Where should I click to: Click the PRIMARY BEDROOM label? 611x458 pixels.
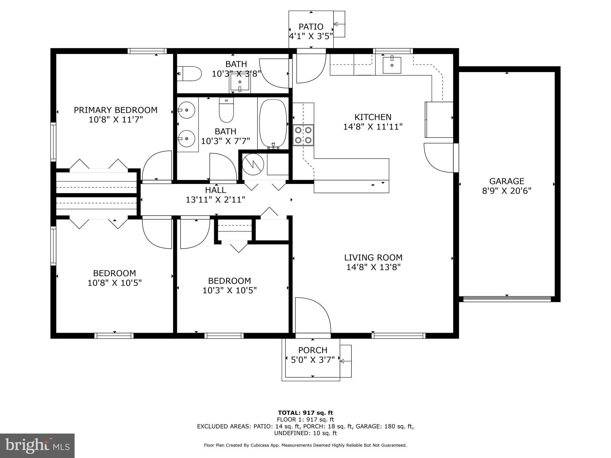[x=115, y=110]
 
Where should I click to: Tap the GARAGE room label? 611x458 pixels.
[x=507, y=181]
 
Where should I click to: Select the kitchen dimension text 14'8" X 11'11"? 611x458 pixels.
[x=373, y=127]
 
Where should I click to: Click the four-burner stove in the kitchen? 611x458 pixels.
[x=303, y=135]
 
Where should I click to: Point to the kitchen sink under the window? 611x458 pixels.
[x=392, y=65]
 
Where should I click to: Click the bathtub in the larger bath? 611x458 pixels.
[x=273, y=124]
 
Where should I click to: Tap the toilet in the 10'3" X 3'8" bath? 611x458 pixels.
[x=190, y=74]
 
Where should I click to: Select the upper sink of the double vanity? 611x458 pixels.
[x=186, y=110]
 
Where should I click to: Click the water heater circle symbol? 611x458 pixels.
[x=253, y=164]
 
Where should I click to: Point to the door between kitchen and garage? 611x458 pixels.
[x=439, y=158]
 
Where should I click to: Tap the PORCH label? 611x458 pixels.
[x=313, y=350]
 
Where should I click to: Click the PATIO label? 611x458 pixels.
[x=311, y=27]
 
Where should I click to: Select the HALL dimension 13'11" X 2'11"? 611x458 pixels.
[x=215, y=199]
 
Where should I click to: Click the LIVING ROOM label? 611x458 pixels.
[x=373, y=257]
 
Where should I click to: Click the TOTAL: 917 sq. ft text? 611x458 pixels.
[x=305, y=413]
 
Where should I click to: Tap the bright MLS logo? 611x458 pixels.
[x=37, y=445]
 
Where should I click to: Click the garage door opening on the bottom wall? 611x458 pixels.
[x=507, y=299]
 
